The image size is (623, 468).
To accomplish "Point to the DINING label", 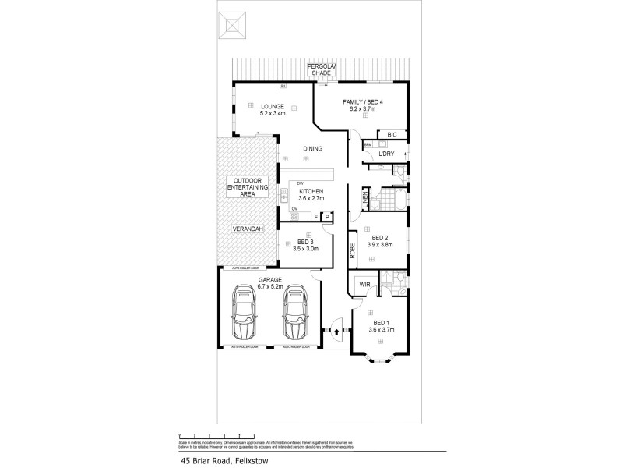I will click(313, 148).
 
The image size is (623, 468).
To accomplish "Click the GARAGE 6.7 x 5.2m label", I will click(270, 282).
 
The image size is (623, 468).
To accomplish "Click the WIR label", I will click(364, 285).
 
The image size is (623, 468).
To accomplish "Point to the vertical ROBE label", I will click(352, 250).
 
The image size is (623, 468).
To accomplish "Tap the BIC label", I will click(392, 135).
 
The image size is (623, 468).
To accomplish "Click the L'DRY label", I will click(385, 154).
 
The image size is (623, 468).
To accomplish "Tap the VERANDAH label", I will click(248, 229).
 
